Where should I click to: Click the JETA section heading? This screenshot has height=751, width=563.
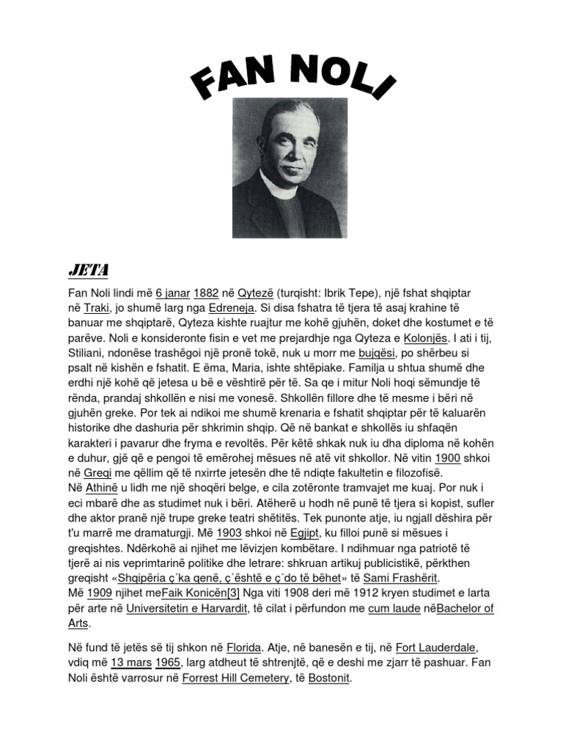coord(88,270)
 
